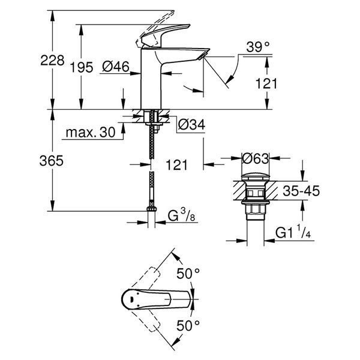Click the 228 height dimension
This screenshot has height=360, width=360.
pyautogui.click(x=52, y=61)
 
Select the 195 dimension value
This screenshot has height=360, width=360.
pyautogui.click(x=82, y=67)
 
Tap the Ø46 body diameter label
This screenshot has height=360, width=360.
pyautogui.click(x=116, y=67)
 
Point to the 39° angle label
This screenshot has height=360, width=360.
pyautogui.click(x=258, y=47)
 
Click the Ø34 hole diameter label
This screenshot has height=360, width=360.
pyautogui.click(x=191, y=125)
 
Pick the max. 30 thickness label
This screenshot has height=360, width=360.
pyautogui.click(x=91, y=133)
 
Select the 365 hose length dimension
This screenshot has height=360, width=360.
pyautogui.click(x=51, y=161)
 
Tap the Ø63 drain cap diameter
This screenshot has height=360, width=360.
pyautogui.click(x=255, y=158)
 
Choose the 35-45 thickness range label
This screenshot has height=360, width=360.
pyautogui.click(x=301, y=191)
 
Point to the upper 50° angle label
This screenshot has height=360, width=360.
pyautogui.click(x=188, y=274)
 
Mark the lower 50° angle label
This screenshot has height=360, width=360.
pyautogui.click(x=188, y=325)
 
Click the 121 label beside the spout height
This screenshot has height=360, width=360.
pyautogui.click(x=266, y=83)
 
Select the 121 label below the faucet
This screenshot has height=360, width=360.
pyautogui.click(x=176, y=165)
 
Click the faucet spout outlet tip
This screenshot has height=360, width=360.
pyautogui.click(x=203, y=56)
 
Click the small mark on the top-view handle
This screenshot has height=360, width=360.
pyautogui.click(x=132, y=299)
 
